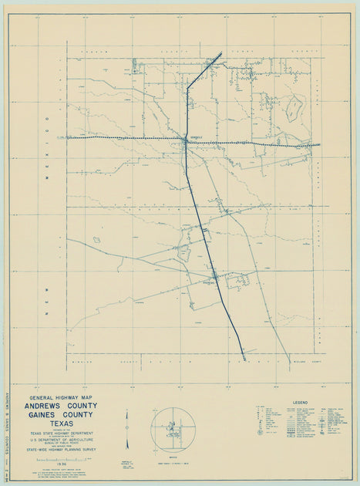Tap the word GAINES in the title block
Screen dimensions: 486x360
click(49, 413)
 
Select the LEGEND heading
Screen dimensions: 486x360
click(301, 403)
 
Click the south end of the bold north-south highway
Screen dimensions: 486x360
click(245, 358)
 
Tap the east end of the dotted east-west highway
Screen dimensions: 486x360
click(319, 144)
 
